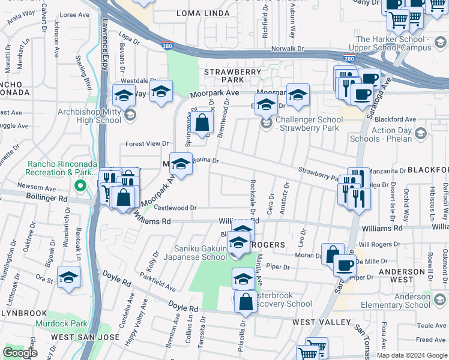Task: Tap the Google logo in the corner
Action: pos(20,353)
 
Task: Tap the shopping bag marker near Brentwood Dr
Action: pos(203,124)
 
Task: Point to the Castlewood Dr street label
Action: pos(175,208)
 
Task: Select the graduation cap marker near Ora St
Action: pos(69,277)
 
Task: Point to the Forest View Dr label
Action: pos(147,144)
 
